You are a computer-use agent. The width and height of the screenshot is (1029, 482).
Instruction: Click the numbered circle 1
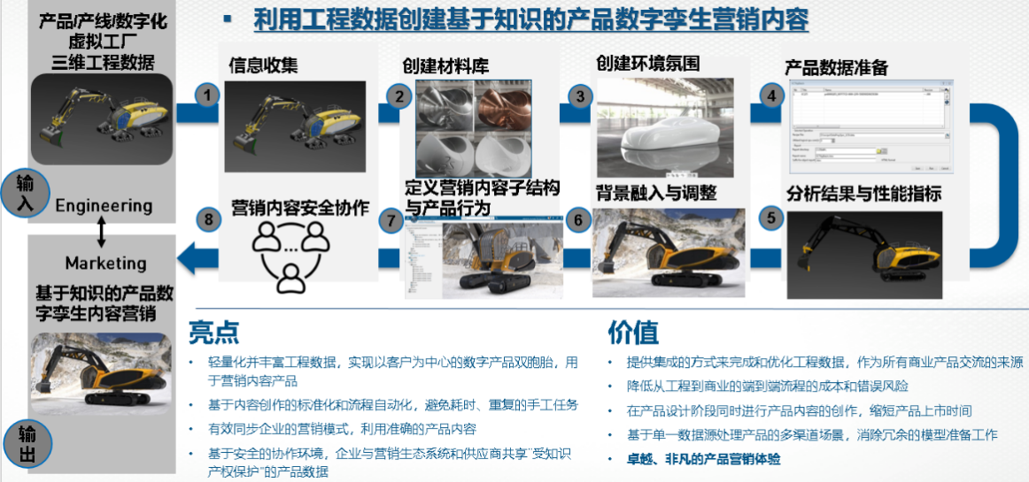pos(207,96)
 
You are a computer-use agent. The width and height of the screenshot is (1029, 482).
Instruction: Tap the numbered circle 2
pos(399,96)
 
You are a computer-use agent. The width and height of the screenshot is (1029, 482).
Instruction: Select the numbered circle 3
pos(581,96)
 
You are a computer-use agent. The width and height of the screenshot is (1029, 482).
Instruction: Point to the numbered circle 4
pos(771,96)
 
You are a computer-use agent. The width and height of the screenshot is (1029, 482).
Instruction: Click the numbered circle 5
pos(771,218)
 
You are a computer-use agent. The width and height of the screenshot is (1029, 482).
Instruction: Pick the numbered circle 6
pos(578,220)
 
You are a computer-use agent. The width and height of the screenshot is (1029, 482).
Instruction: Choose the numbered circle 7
pos(391,220)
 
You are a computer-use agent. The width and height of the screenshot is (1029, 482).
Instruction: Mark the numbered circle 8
pos(207,220)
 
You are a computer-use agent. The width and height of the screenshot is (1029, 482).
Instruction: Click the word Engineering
pos(104,206)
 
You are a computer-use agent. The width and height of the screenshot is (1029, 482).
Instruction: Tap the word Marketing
pos(105,263)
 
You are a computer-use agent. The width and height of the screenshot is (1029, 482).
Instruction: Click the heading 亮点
pos(213,332)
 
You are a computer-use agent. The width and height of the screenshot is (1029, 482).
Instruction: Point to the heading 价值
pos(632,332)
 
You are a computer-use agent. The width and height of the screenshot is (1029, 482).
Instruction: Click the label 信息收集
pos(263,65)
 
